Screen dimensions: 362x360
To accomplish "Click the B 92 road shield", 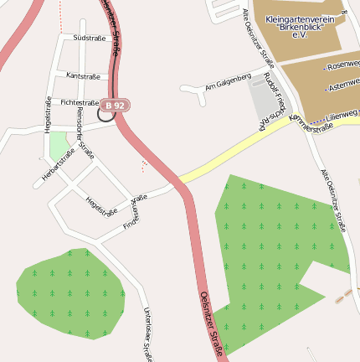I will pos(115,106).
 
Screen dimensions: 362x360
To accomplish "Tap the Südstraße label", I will pos(90,38).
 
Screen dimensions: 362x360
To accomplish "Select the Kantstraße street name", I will pos(83,76).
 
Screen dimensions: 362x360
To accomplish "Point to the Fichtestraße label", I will pos(80,102).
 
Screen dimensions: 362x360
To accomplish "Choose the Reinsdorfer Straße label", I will pos(85,133).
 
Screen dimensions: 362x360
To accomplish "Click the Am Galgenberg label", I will pos(228,80).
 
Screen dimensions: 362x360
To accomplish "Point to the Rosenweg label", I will pos(343,65).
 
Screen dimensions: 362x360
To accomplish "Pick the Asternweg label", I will pos(344,85).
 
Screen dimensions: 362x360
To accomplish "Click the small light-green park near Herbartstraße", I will pos(59,147).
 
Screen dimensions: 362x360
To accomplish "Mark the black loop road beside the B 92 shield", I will pos(105,115).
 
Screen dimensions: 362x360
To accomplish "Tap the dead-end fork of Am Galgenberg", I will pos(203,99).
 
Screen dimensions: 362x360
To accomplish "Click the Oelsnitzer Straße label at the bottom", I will pos(213,323).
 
